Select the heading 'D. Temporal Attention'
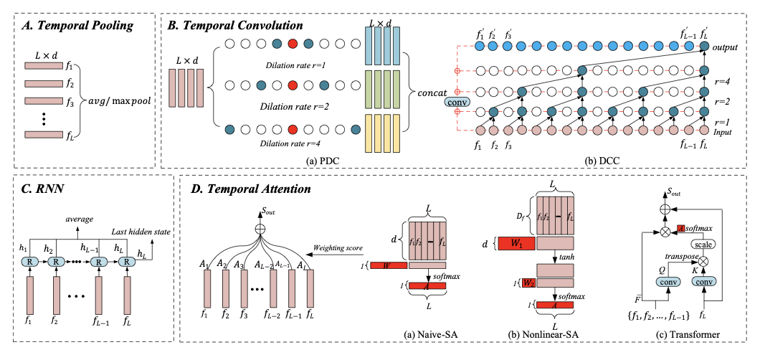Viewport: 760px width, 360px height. click(247, 190)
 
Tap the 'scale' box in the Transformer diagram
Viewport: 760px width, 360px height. click(683, 242)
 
